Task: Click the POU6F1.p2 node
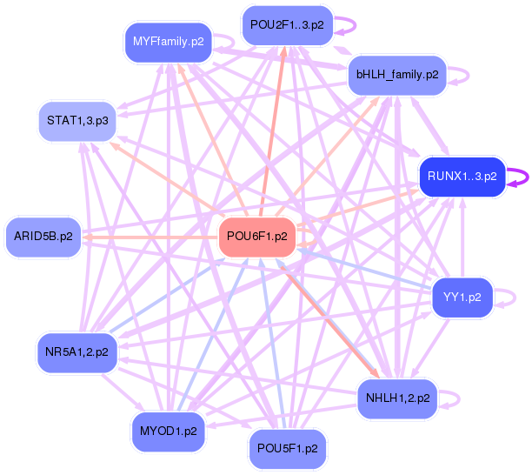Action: [256, 237]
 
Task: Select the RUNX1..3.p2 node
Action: [462, 177]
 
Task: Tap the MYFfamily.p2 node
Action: [169, 42]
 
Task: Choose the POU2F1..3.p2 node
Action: [287, 25]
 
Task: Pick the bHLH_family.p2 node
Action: [397, 75]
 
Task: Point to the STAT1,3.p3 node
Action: [77, 121]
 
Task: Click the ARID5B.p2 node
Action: [43, 237]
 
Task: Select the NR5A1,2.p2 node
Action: [77, 352]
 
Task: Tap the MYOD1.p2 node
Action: [169, 432]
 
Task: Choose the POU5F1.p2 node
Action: [288, 449]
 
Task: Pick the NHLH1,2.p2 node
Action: [397, 398]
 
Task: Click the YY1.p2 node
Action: [462, 298]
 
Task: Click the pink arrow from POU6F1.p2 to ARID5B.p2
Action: [150, 237]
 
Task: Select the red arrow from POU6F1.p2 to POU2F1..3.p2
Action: [272, 131]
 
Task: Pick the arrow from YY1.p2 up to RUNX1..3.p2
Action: [462, 237]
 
